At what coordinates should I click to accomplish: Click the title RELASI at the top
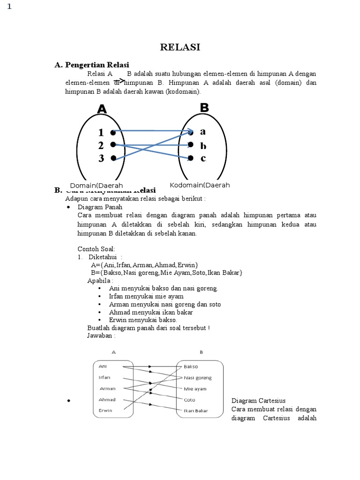[180, 47]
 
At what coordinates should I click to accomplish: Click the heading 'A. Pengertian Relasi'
[92, 65]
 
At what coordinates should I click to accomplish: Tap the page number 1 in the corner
[8, 7]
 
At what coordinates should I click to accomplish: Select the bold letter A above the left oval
[102, 109]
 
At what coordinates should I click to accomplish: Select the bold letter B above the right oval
[204, 107]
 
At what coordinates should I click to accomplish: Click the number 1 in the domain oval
[101, 132]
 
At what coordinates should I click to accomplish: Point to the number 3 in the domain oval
[101, 158]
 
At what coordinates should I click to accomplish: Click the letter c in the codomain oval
[203, 158]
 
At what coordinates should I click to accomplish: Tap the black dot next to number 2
[113, 145]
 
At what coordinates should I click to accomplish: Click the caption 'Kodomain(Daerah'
[200, 185]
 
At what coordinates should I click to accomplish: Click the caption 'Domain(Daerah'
[96, 185]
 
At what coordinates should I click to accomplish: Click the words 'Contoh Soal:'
[96, 248]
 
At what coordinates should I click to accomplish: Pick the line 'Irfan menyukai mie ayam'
[146, 296]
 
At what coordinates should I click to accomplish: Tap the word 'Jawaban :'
[101, 336]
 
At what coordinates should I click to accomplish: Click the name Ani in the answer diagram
[103, 366]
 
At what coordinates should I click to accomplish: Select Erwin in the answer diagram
[105, 411]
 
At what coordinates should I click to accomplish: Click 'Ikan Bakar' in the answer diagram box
[196, 411]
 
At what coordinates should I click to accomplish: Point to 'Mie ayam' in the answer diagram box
[195, 389]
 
